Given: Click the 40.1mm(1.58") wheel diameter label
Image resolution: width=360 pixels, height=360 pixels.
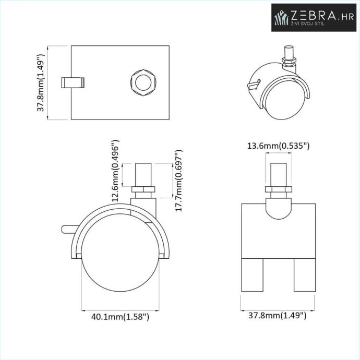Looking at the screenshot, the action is pos(121,317).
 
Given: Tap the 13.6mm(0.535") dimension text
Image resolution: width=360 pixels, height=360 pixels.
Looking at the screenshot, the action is pos(278,146).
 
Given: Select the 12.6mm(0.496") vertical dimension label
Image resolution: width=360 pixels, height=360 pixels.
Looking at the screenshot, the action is pos(115,171).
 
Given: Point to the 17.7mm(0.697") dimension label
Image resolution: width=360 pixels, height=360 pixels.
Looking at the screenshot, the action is pos(178,181).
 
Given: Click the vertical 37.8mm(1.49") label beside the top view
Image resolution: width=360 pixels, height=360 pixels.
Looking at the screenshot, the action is pos(40,82).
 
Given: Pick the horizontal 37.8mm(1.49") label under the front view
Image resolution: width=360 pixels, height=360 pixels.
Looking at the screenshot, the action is pos(278,316).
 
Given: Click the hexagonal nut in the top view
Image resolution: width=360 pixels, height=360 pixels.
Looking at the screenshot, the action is pos(143,82).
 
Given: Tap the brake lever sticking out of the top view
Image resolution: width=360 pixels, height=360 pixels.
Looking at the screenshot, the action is pos(73,82).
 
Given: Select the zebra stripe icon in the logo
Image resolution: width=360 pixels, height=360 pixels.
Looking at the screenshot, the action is pos(282,17).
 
